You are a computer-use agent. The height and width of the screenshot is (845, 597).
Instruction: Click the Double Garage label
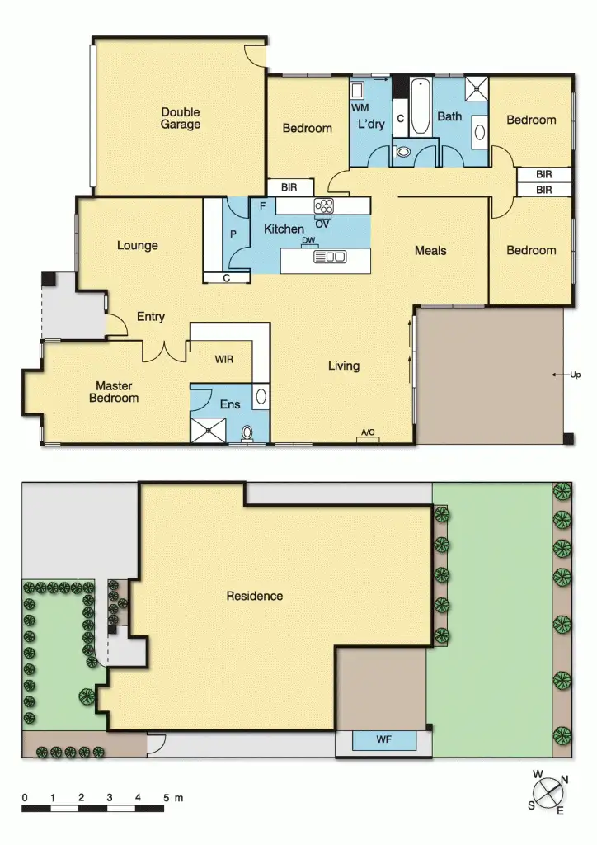(181, 119)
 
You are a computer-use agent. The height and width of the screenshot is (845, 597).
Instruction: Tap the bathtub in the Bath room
(420, 106)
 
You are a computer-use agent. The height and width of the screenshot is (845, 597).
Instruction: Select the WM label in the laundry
(360, 107)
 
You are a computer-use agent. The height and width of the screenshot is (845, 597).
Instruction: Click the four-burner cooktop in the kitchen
(322, 205)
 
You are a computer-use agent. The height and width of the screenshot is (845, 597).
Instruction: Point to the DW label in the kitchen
(308, 241)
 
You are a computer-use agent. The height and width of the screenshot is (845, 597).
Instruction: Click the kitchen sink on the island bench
(330, 257)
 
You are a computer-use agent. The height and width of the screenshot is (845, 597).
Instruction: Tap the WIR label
(224, 360)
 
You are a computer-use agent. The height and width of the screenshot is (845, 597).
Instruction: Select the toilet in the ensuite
(247, 432)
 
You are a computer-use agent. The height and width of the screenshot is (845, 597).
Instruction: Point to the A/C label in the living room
(369, 432)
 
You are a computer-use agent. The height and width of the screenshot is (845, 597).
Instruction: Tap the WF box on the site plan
(384, 741)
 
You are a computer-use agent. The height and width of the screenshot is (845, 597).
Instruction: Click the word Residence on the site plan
(255, 596)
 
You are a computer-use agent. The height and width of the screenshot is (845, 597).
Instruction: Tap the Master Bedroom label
(117, 392)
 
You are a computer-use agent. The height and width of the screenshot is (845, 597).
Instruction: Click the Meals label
(430, 250)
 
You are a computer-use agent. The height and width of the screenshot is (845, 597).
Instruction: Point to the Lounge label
(137, 245)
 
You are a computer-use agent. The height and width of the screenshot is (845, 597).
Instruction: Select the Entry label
(151, 316)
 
